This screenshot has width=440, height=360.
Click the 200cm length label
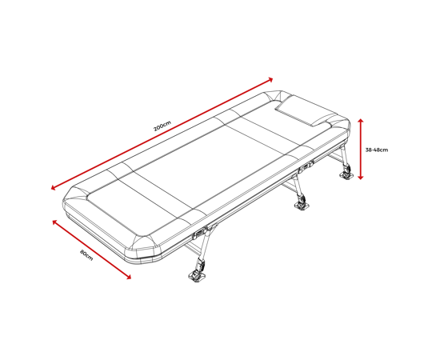click(x=162, y=126)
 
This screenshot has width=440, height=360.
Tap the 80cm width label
click(x=86, y=254)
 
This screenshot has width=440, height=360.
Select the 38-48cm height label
click(x=377, y=150)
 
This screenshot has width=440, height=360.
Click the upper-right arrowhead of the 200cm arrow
click(x=270, y=80)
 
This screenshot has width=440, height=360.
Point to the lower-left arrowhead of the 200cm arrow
click(x=54, y=187)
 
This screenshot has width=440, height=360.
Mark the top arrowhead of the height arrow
click(x=361, y=121)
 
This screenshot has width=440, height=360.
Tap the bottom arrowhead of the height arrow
click(x=361, y=177)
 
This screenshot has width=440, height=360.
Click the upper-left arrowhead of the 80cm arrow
click(x=54, y=222)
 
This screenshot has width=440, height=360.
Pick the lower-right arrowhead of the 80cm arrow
click(x=129, y=277)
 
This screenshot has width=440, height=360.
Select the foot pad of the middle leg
click(x=302, y=206)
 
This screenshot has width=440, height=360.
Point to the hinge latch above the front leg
click(x=200, y=234)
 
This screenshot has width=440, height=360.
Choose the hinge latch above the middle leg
click(x=306, y=167)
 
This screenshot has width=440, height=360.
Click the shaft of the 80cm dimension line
click(x=92, y=250)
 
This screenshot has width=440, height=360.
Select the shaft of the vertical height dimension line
click(x=361, y=149)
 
